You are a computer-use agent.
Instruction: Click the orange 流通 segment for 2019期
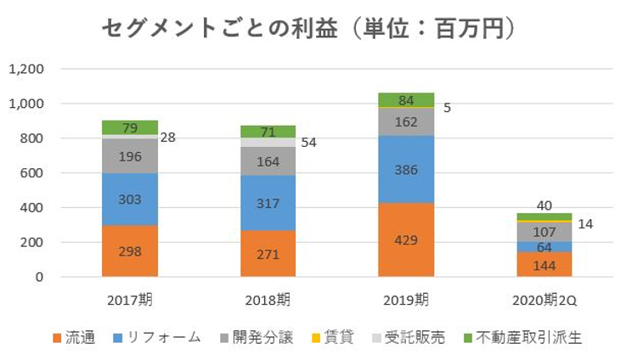(406, 239)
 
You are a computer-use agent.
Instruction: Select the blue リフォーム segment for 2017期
(130, 199)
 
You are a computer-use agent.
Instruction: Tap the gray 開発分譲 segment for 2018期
(268, 160)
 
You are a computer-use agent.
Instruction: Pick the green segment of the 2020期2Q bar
(544, 217)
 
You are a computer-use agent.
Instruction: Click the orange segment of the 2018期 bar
(268, 253)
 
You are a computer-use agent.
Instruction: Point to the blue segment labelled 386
(406, 169)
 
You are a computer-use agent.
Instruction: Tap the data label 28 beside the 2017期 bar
(168, 137)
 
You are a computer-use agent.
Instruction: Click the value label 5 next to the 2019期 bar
(447, 108)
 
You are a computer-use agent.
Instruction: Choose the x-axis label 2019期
(406, 300)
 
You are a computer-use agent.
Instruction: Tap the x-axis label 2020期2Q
(544, 300)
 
